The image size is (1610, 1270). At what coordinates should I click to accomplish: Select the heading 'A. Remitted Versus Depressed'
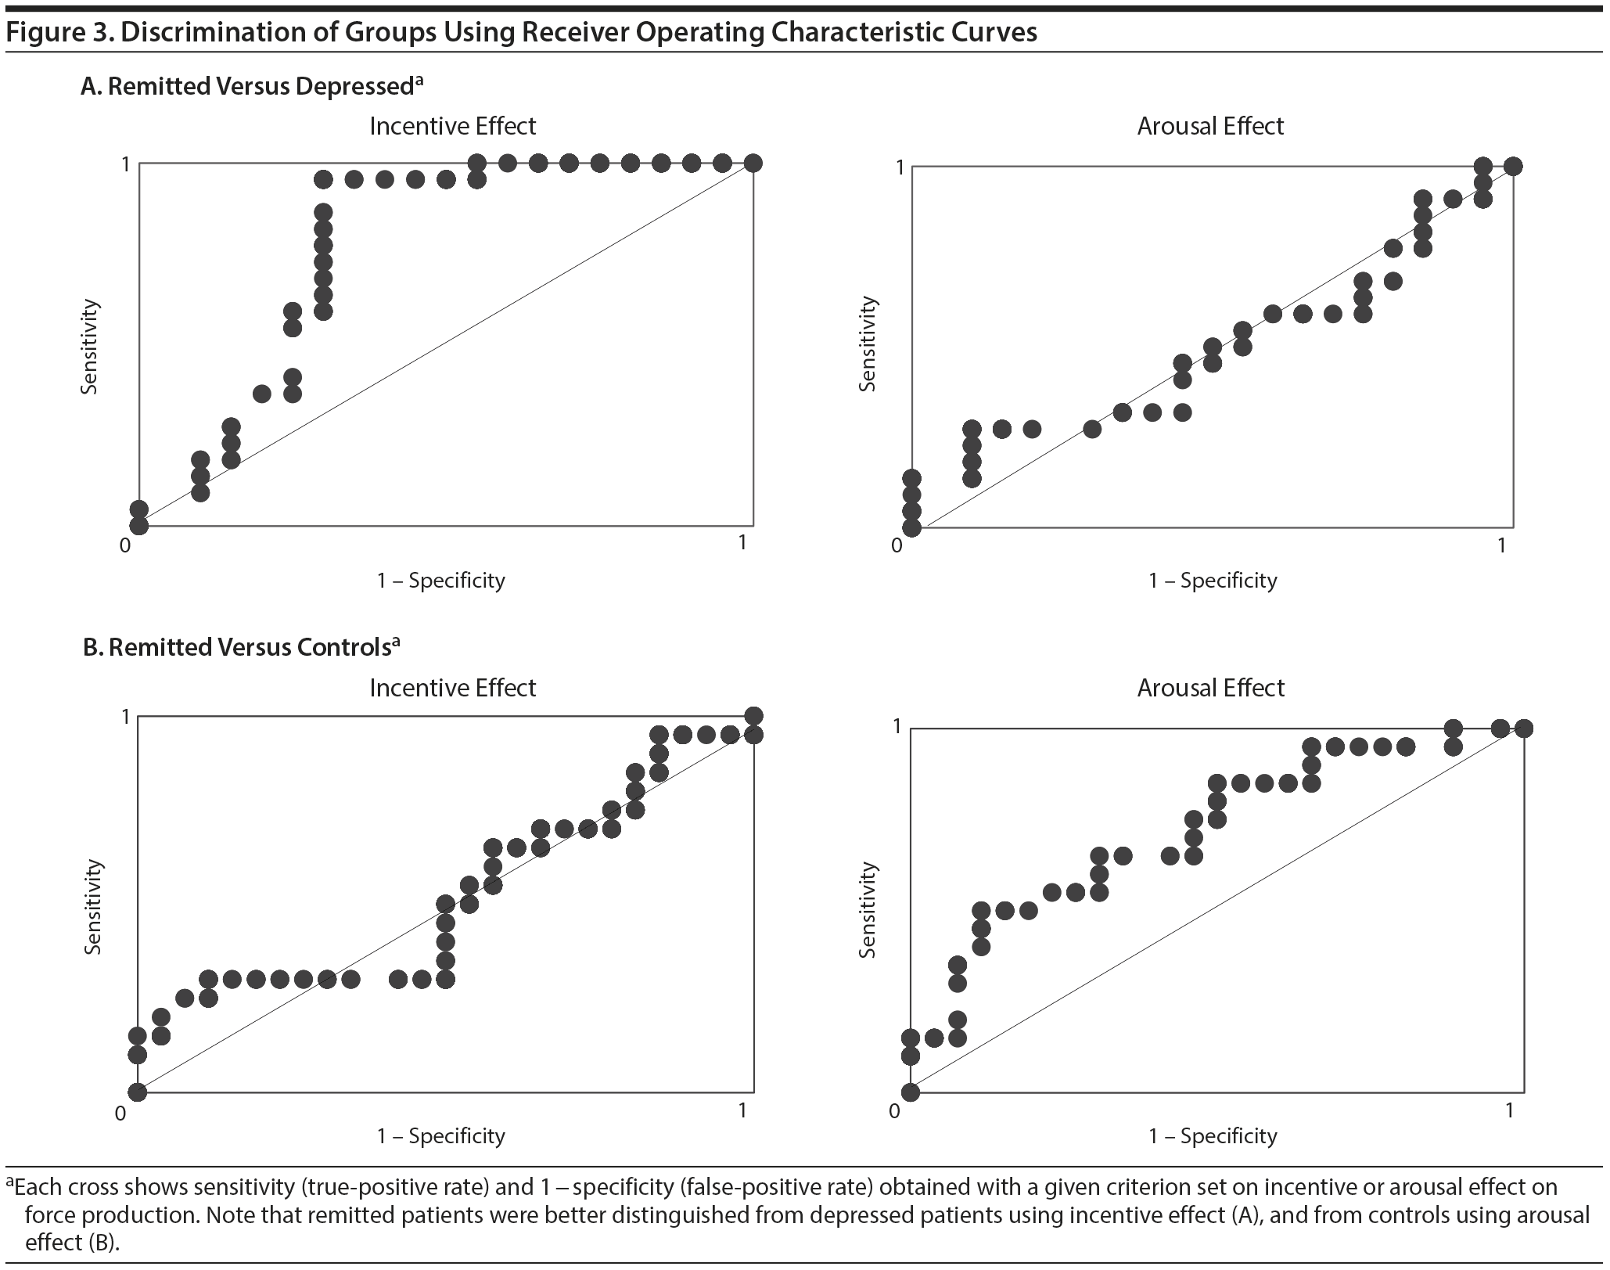click(x=250, y=86)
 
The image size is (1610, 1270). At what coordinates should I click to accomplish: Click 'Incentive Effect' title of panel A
click(x=453, y=126)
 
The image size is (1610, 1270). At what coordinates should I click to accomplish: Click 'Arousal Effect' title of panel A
click(x=1210, y=126)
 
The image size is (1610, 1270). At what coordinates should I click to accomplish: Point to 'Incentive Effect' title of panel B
click(x=453, y=688)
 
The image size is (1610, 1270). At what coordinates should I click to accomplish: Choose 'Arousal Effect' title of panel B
click(x=1210, y=688)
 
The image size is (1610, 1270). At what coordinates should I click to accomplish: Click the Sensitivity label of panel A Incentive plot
click(x=90, y=346)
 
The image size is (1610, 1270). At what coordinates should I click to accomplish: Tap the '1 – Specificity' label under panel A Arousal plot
click(x=1213, y=581)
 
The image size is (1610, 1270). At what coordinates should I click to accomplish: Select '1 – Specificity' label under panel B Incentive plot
click(x=441, y=1135)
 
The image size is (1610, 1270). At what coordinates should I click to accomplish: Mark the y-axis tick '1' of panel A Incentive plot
click(x=124, y=164)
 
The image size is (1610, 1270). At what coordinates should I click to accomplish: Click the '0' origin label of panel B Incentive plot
click(x=120, y=1112)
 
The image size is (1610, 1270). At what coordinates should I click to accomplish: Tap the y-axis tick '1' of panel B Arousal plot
click(x=897, y=728)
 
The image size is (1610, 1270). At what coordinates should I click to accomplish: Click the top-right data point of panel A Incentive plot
click(x=753, y=164)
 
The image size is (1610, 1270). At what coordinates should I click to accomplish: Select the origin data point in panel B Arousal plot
click(x=910, y=1092)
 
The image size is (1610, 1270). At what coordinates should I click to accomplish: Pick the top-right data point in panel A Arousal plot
click(x=1512, y=166)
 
